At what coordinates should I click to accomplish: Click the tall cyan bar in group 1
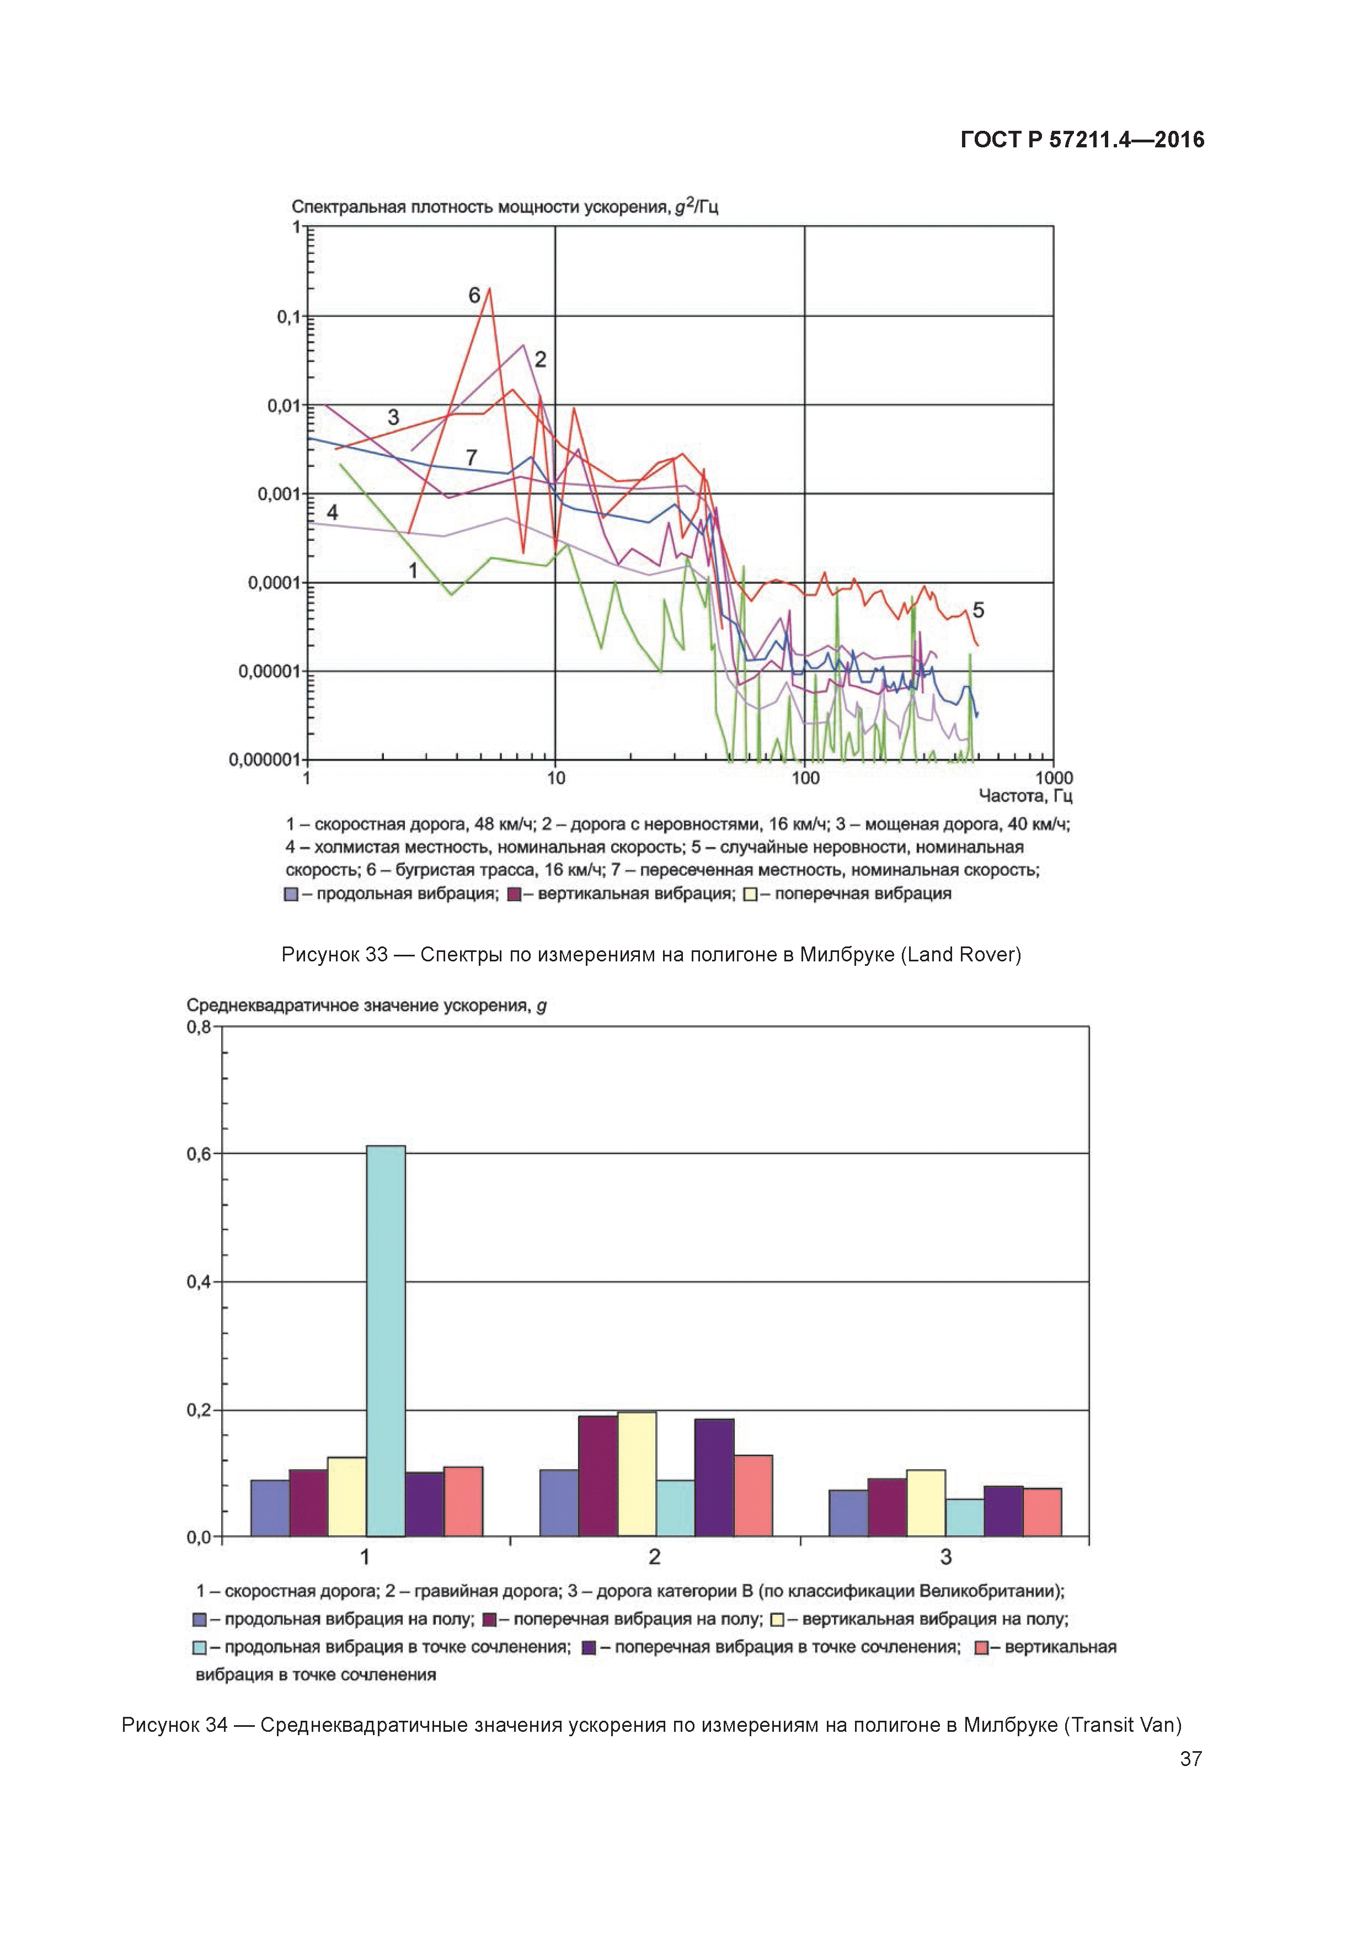click(x=385, y=1341)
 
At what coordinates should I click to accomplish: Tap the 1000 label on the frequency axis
click(x=1054, y=778)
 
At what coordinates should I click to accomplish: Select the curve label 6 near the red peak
click(x=474, y=295)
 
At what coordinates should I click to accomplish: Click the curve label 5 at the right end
click(x=978, y=610)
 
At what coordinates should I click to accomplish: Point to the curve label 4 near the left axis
click(x=332, y=512)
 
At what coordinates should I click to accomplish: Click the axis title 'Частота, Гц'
click(x=1025, y=796)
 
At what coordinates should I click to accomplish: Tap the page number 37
click(x=1190, y=1759)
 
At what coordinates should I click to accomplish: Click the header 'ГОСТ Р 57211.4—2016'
click(x=1082, y=140)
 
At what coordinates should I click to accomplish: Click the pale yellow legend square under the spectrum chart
click(x=751, y=895)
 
